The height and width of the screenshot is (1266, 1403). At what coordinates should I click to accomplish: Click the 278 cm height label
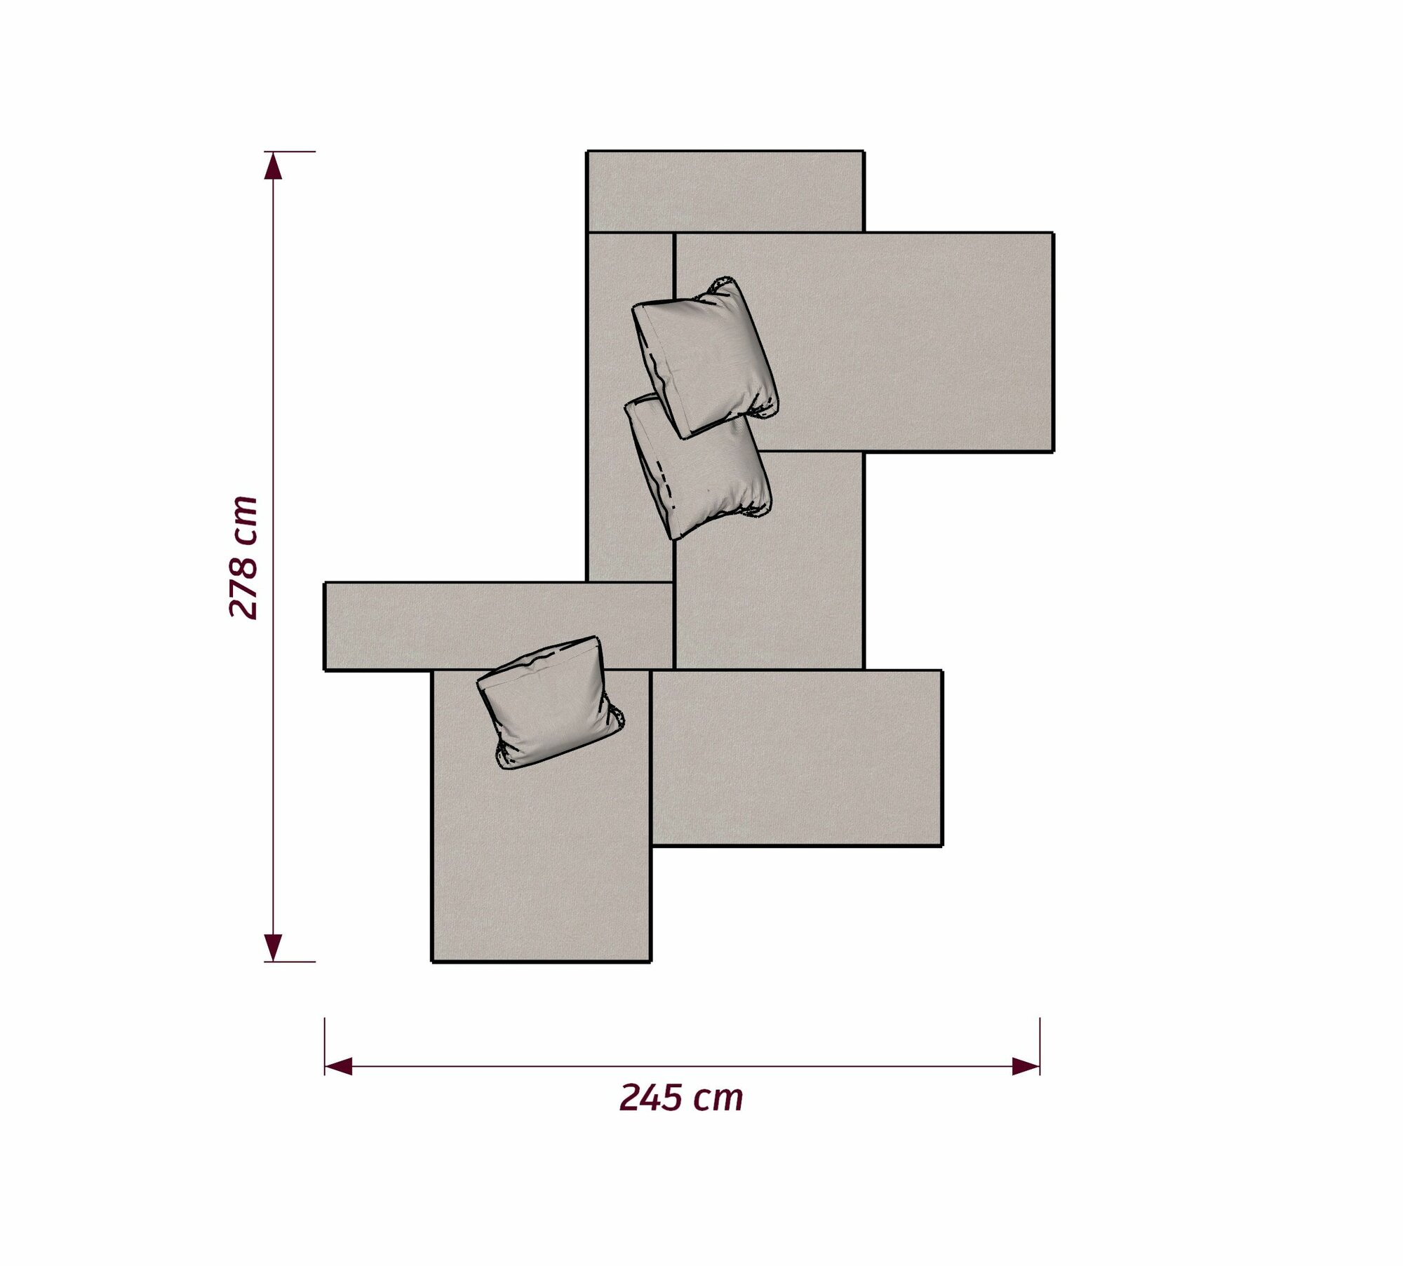coord(244,557)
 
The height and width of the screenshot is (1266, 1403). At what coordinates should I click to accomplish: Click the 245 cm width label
coord(681,1098)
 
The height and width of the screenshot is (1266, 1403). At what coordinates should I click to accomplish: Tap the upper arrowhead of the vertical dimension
coord(273,166)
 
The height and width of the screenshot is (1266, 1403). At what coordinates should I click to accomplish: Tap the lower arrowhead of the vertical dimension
coord(273,947)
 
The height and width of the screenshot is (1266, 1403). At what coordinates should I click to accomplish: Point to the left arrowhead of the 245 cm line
coord(338,1068)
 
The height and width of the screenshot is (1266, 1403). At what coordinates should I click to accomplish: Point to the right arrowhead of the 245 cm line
coord(1026,1068)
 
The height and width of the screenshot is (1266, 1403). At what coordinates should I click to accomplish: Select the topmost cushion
coord(705,358)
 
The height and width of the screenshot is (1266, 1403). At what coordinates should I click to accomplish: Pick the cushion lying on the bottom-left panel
coord(551,701)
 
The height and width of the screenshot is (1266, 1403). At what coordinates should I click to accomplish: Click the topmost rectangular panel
coord(725,191)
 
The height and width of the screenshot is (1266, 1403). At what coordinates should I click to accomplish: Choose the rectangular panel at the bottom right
coord(797,757)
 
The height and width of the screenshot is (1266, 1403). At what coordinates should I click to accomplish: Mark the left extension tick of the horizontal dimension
coord(325,1046)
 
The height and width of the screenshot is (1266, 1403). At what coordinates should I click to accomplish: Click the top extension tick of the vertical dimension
coord(290,151)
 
